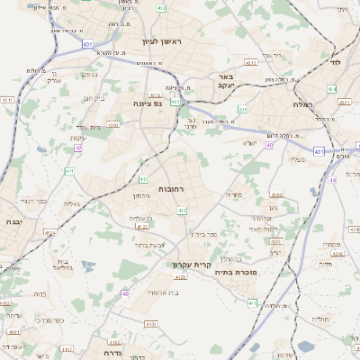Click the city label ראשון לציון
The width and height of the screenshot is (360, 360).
162,42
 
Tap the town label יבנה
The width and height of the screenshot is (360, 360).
12,220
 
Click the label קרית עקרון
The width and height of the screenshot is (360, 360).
191,265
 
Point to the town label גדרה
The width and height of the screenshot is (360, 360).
106,342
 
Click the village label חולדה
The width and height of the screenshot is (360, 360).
320,319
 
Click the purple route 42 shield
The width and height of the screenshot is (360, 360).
78,147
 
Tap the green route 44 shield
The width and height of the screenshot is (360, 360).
332,89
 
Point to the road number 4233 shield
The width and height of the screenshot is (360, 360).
275,241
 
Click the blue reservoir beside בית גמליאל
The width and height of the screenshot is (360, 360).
87,264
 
